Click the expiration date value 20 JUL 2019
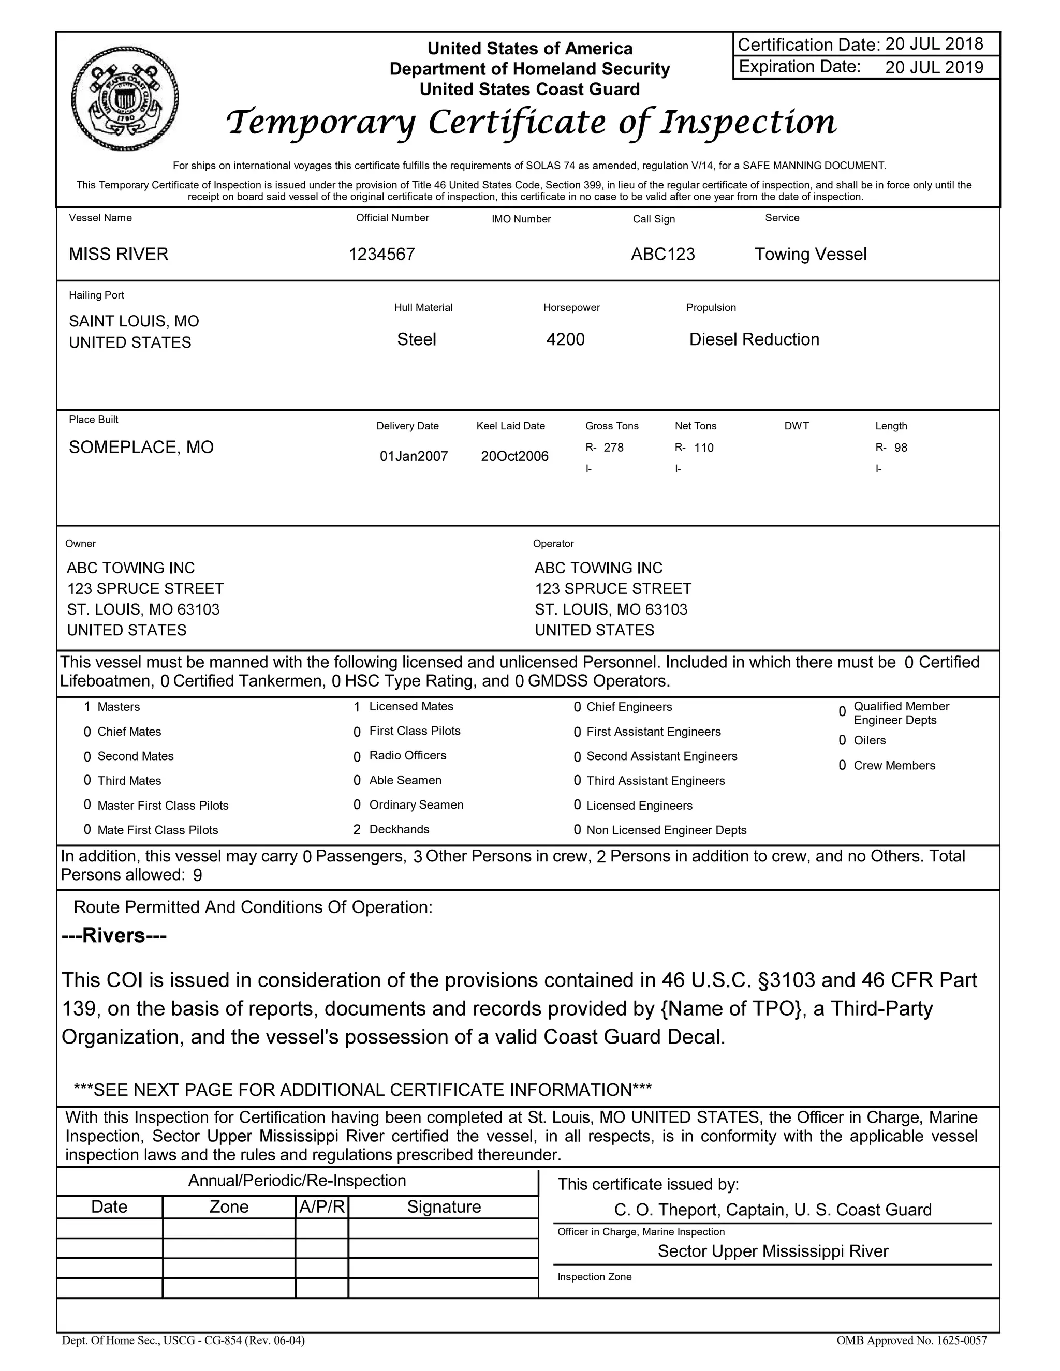coord(934,67)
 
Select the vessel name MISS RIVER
coord(119,254)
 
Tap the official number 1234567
coord(382,254)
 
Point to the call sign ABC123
coord(662,254)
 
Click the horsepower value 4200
coord(565,339)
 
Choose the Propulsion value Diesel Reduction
coord(754,339)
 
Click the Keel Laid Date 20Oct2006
coord(514,456)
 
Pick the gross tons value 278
coord(613,448)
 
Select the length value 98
coord(901,448)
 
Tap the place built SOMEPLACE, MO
coord(141,447)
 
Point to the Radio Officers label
coord(407,755)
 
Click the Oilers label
coord(869,740)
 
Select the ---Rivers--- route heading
coord(114,935)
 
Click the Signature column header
coord(444,1206)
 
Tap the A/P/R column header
coord(321,1206)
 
